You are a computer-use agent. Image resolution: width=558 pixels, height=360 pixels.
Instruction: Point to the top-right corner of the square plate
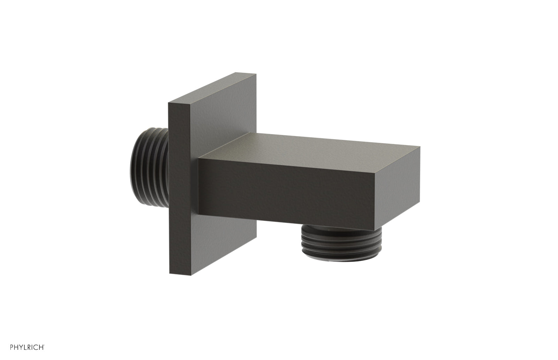click(256, 74)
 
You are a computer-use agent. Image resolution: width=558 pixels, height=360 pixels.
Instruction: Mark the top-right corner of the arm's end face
click(420, 147)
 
